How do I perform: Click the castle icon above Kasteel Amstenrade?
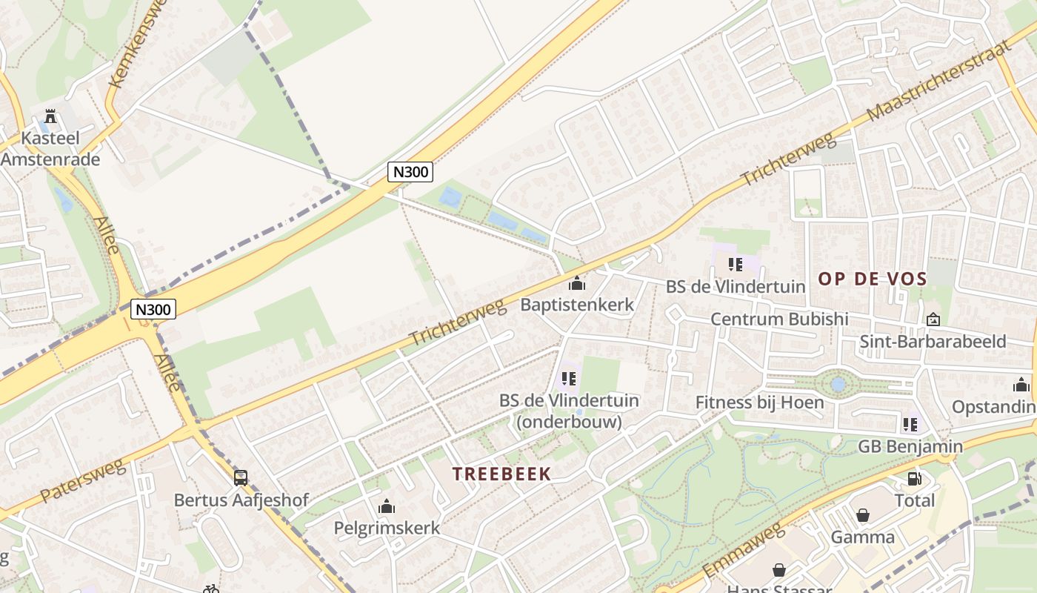pos(50,116)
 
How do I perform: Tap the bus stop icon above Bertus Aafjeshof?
pos(241,478)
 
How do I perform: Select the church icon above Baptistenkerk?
pos(577,282)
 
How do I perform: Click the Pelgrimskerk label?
pos(387,528)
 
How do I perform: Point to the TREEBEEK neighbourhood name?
pos(501,474)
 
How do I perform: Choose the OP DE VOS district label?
pos(873,279)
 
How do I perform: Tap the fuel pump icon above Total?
pos(915,479)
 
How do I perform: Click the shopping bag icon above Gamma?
pos(863,515)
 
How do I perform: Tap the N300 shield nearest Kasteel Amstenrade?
pos(153,308)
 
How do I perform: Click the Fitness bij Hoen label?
pos(759,402)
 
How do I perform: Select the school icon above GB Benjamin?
pos(910,425)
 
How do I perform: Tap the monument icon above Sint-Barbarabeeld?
pos(933,319)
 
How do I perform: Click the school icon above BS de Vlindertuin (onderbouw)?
pos(569,379)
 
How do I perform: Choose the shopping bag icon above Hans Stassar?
pos(779,570)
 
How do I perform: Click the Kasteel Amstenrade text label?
pos(50,148)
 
